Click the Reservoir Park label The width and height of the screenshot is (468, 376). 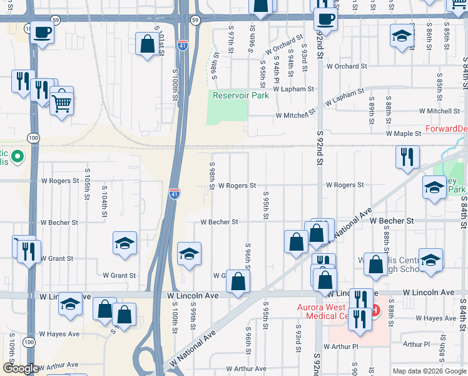click(240, 95)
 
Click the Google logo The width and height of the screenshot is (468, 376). click(20, 369)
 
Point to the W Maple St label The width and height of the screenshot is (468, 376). click(404, 133)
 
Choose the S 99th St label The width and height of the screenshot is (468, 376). click(194, 319)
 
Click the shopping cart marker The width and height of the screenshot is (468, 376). click(61, 102)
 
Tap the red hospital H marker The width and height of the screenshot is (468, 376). click(374, 310)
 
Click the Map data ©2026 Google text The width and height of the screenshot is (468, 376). click(429, 371)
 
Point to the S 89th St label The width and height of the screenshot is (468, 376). click(372, 107)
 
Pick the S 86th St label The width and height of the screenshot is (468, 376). click(429, 39)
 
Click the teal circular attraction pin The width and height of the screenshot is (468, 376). click(18, 156)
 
